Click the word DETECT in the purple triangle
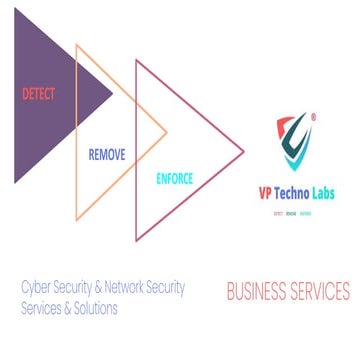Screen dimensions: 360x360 pos(38,95)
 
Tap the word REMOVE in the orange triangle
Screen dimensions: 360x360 pos(108,156)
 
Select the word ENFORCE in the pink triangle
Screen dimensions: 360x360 pos(174,180)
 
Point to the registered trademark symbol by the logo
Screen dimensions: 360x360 pos(313,117)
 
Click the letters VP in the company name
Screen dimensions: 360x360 pos(267,196)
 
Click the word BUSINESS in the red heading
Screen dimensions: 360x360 pos(257,293)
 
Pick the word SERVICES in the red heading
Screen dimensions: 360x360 pos(320,293)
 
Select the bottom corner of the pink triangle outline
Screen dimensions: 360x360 pos(137,239)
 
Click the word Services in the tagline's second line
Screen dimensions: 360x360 pos(41,309)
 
